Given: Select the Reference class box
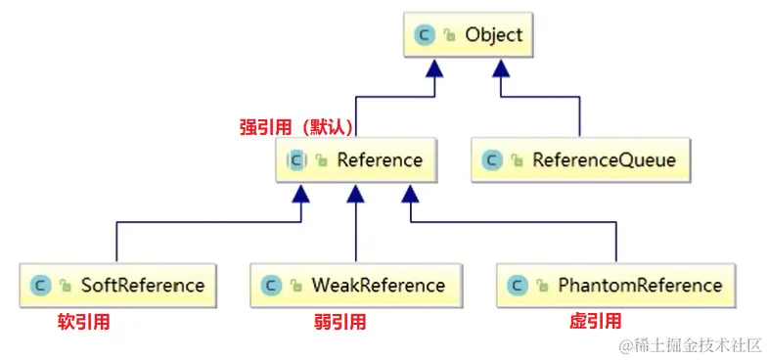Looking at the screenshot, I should [354, 159].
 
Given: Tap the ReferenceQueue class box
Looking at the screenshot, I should [580, 159].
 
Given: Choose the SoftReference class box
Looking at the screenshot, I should [118, 286].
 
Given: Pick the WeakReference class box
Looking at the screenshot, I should [355, 286].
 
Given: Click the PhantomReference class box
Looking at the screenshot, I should [616, 286].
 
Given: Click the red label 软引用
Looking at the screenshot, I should [83, 321].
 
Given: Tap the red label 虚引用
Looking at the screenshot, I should [595, 321].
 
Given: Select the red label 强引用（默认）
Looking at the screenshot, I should [295, 127].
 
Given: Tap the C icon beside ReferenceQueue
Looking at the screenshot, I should [493, 159].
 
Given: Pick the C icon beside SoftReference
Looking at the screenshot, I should [40, 286].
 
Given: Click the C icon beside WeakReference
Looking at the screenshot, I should [271, 286].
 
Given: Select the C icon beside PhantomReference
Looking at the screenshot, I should [518, 286].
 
